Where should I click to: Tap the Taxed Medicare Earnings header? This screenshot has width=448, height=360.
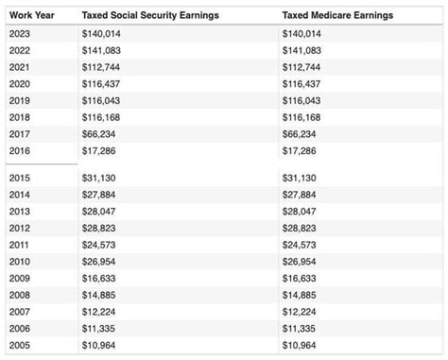tap(337, 16)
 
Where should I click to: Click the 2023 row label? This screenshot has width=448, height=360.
tap(19, 33)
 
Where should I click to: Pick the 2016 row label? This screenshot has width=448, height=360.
tap(19, 151)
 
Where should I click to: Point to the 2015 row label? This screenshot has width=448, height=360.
tap(19, 178)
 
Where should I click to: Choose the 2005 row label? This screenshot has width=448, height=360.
tap(19, 346)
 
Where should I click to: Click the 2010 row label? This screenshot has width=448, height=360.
tap(19, 262)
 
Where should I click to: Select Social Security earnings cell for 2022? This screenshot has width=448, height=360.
tap(102, 50)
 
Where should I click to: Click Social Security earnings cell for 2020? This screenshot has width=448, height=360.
tap(102, 84)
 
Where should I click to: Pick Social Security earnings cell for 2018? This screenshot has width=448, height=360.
tap(102, 118)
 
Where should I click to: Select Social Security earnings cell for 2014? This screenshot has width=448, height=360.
tap(100, 195)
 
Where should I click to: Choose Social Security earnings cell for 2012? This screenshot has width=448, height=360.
tap(100, 229)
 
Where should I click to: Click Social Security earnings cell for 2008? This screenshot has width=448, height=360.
tap(100, 296)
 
